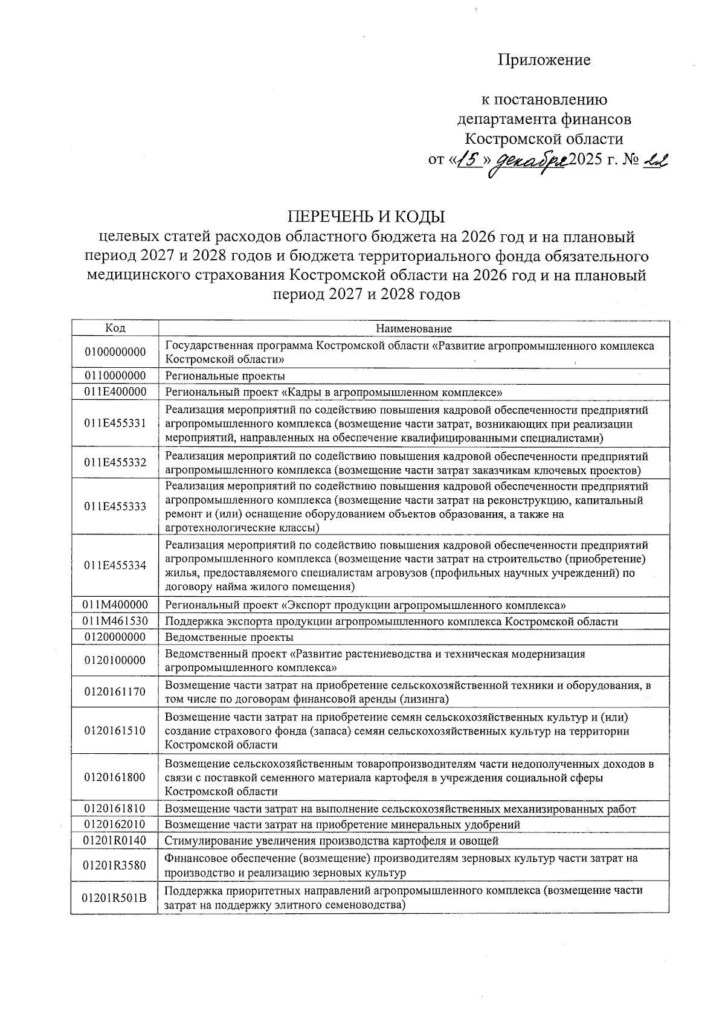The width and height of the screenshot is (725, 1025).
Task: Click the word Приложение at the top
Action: pos(544,60)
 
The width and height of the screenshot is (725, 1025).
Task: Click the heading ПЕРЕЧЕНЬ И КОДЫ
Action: pos(366,216)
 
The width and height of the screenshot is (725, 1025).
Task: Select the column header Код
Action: pos(115,328)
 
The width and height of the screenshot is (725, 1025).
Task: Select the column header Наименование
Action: pos(414,329)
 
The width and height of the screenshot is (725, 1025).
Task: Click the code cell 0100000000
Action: pos(115,352)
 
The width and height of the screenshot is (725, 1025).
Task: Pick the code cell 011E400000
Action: pos(115,392)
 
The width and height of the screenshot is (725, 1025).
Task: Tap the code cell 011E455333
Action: pos(115,507)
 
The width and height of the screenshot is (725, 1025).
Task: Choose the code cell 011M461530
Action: pos(115,622)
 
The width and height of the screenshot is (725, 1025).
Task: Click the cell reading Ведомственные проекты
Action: pos(230,637)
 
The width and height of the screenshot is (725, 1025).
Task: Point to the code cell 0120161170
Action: pos(115,692)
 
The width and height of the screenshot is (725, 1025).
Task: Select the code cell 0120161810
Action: pos(115,809)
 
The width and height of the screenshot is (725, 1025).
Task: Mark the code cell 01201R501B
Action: pos(115,898)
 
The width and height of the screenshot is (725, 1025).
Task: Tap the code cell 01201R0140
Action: pos(115,841)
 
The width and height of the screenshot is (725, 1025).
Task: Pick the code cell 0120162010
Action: pos(115,824)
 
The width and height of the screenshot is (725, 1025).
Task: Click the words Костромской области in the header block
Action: pos(544,139)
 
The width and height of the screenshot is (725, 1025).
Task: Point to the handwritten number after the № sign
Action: pos(654,160)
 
